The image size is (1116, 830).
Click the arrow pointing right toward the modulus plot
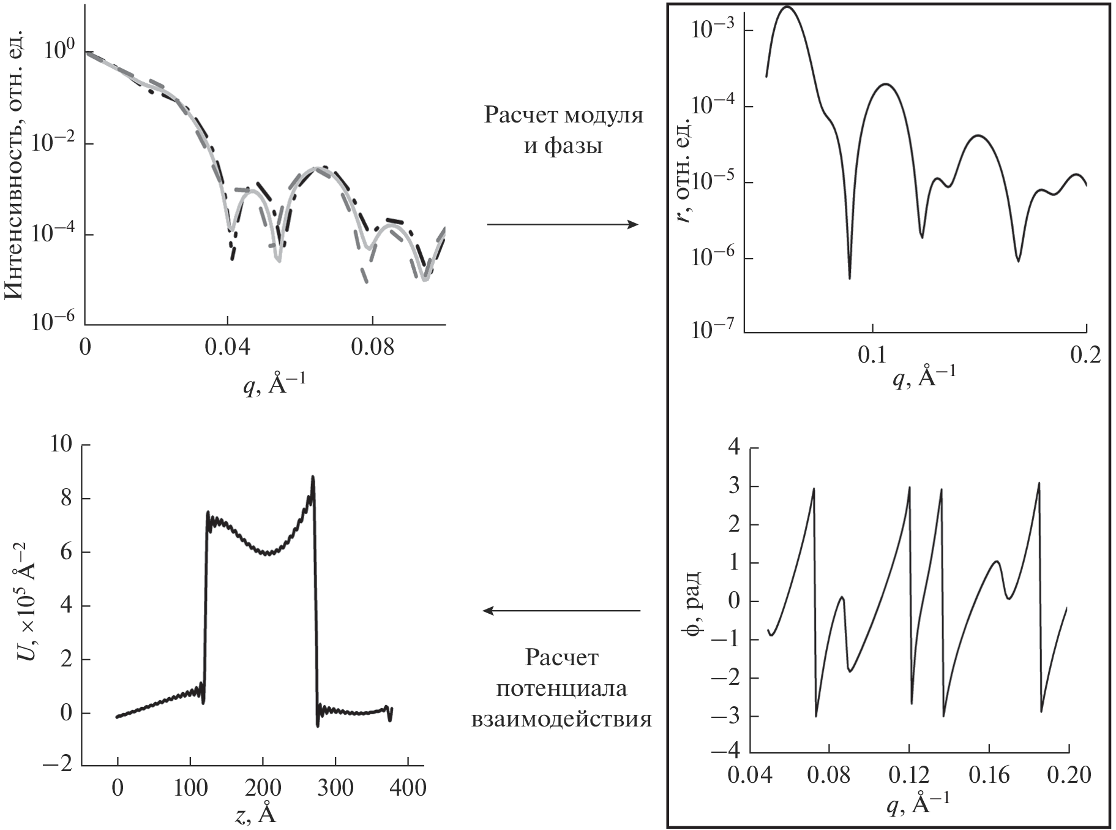563,225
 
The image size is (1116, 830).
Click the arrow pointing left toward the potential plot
561,610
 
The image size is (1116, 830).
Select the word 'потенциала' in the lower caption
561,689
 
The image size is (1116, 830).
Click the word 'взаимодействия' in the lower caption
561,718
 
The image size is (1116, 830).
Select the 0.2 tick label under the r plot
1086,355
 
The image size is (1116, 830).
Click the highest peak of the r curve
787,8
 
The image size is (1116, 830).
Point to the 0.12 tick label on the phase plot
909,775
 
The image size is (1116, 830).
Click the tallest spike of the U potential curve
313,477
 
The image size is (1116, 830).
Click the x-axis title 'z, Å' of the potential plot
255,813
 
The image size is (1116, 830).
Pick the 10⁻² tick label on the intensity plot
50,141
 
